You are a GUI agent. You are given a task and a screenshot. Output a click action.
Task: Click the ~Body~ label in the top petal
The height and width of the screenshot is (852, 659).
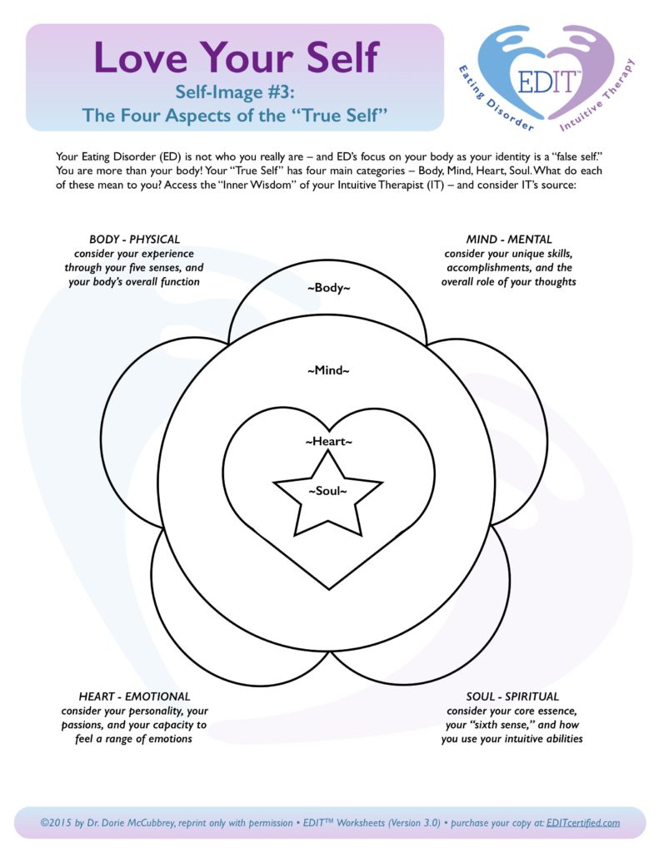(x=329, y=287)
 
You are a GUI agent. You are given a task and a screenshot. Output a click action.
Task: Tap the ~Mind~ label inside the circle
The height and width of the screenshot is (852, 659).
(x=329, y=370)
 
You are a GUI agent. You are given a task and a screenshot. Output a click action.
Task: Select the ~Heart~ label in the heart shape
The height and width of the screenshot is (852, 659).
(x=329, y=441)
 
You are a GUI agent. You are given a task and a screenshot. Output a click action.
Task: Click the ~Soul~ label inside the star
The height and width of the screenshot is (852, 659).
(x=327, y=491)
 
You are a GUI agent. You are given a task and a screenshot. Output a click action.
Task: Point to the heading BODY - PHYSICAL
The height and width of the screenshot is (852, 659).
(x=134, y=239)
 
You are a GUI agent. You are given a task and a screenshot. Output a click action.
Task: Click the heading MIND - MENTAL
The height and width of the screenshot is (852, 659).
(x=509, y=239)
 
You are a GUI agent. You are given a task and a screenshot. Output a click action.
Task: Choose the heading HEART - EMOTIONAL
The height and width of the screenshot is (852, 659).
(x=134, y=696)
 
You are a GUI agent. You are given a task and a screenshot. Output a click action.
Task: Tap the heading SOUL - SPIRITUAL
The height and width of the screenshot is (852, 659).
(x=512, y=696)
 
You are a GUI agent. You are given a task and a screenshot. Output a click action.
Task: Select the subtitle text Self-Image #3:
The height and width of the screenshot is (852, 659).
(x=235, y=92)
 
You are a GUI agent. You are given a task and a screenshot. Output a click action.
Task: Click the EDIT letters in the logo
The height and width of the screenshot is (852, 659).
(x=547, y=82)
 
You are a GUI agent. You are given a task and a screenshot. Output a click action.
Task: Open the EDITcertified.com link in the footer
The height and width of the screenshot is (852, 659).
(x=583, y=823)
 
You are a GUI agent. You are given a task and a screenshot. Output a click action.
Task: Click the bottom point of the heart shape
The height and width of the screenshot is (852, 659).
(x=329, y=589)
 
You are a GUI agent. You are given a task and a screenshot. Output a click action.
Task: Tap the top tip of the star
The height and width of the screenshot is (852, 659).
(x=328, y=452)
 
